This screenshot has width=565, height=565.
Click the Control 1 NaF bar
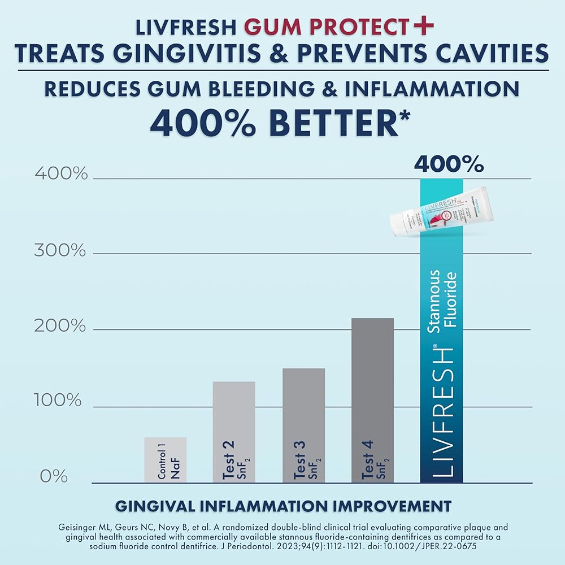[165, 460]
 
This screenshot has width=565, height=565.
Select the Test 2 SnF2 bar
[234, 432]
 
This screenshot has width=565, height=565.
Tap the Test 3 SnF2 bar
[303, 425]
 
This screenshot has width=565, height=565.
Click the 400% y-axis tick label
[61, 174]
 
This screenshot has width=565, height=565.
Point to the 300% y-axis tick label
[61, 250]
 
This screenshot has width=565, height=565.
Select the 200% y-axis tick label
[61, 327]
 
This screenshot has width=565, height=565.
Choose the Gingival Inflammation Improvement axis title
[283, 505]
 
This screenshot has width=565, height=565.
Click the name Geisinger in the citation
[77, 527]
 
